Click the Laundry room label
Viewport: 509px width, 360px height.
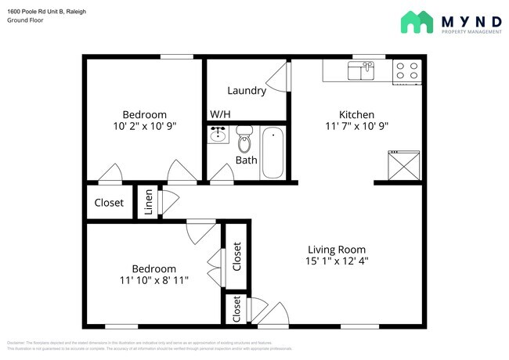(247, 91)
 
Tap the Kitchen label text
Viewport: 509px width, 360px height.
(356, 113)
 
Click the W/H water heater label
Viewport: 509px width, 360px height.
(220, 114)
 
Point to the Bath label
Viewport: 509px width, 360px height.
(246, 161)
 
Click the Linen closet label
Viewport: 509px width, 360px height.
(148, 202)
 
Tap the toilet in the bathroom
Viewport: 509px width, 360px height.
(244, 139)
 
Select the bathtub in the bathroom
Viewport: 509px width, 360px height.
(273, 152)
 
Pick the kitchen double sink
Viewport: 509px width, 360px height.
(361, 72)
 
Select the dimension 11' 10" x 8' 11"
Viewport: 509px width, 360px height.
(154, 281)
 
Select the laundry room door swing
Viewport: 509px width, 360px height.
(278, 79)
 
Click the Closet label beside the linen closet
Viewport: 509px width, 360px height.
(109, 203)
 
